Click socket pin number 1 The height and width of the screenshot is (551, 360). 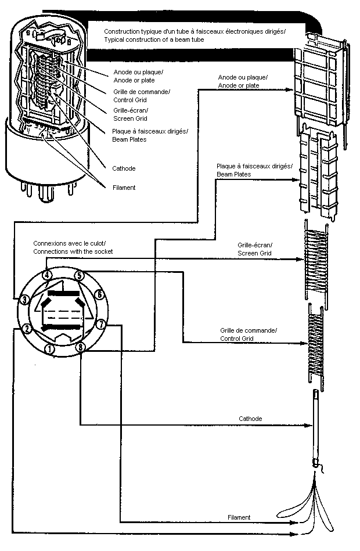click(x=51, y=349)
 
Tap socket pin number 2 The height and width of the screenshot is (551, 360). click(x=26, y=329)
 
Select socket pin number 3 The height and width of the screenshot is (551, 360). click(x=24, y=300)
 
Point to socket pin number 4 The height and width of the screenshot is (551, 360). click(x=48, y=275)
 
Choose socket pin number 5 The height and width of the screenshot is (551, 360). click(x=80, y=275)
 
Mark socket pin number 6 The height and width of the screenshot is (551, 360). click(x=100, y=294)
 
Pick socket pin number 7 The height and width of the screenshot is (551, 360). click(x=101, y=324)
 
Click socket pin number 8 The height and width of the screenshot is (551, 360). click(x=81, y=347)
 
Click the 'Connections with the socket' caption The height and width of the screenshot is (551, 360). click(x=73, y=251)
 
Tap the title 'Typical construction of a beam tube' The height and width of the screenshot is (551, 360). click(x=154, y=39)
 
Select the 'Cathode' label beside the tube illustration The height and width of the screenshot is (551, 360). click(x=124, y=168)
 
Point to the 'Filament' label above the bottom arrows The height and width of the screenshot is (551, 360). click(x=239, y=517)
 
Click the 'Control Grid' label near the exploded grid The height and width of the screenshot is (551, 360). click(x=236, y=338)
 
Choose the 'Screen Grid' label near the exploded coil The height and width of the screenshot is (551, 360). click(x=254, y=253)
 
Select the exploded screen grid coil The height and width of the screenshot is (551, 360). click(x=316, y=264)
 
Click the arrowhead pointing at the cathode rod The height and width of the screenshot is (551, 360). click(x=308, y=426)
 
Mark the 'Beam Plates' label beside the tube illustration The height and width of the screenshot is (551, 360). click(x=129, y=139)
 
